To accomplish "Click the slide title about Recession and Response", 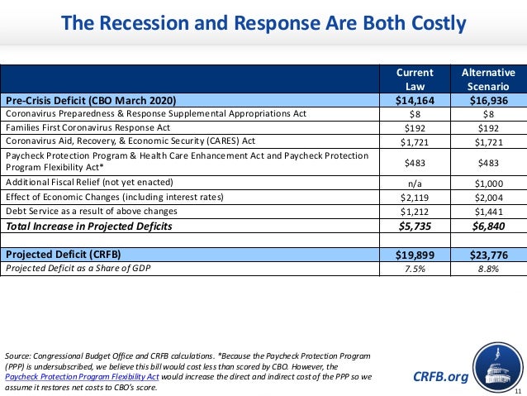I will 263,24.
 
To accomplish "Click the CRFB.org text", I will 440,377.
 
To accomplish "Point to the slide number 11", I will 518,390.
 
